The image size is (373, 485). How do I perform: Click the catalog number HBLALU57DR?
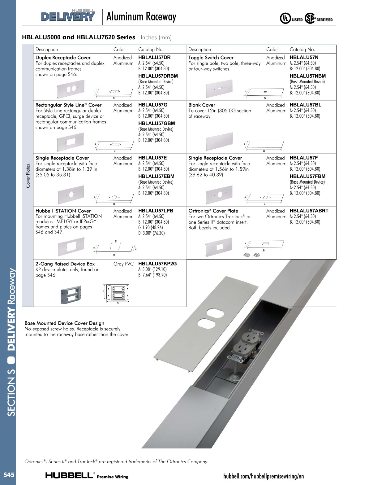click(x=154, y=58)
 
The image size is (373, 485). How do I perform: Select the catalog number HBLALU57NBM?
click(x=307, y=76)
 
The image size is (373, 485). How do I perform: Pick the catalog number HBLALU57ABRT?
click(x=309, y=211)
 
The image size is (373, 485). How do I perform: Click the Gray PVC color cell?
click(x=123, y=264)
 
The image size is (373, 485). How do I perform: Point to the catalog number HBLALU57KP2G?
click(x=157, y=264)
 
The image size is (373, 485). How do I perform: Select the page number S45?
click(x=9, y=475)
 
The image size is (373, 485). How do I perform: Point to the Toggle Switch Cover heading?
click(x=211, y=58)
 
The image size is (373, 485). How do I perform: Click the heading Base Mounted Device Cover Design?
click(x=64, y=323)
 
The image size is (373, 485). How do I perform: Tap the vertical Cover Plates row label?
click(x=28, y=176)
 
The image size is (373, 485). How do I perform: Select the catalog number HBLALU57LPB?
click(x=156, y=211)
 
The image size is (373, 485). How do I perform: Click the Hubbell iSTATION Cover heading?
click(x=63, y=211)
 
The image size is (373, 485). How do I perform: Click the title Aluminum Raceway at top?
click(x=141, y=17)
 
